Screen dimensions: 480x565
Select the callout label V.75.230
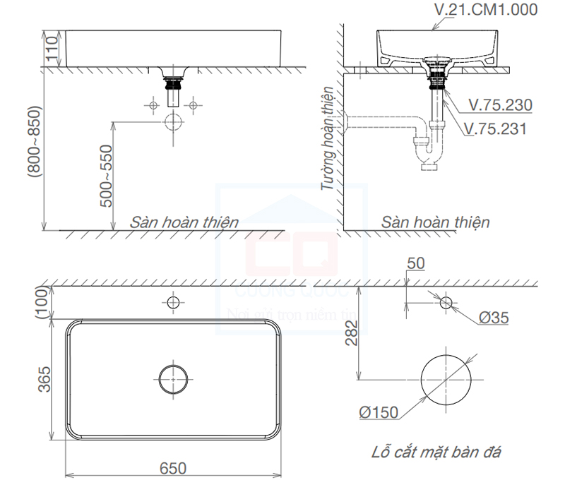(x=500, y=105)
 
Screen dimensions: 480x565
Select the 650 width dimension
(x=172, y=467)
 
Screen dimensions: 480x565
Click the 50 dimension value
(x=416, y=263)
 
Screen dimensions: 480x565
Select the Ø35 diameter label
(x=494, y=318)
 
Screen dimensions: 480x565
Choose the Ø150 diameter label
(x=378, y=412)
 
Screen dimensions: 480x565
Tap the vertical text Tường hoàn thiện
(x=327, y=141)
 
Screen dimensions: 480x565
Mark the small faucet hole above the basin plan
(x=172, y=303)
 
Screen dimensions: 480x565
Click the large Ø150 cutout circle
(x=446, y=379)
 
